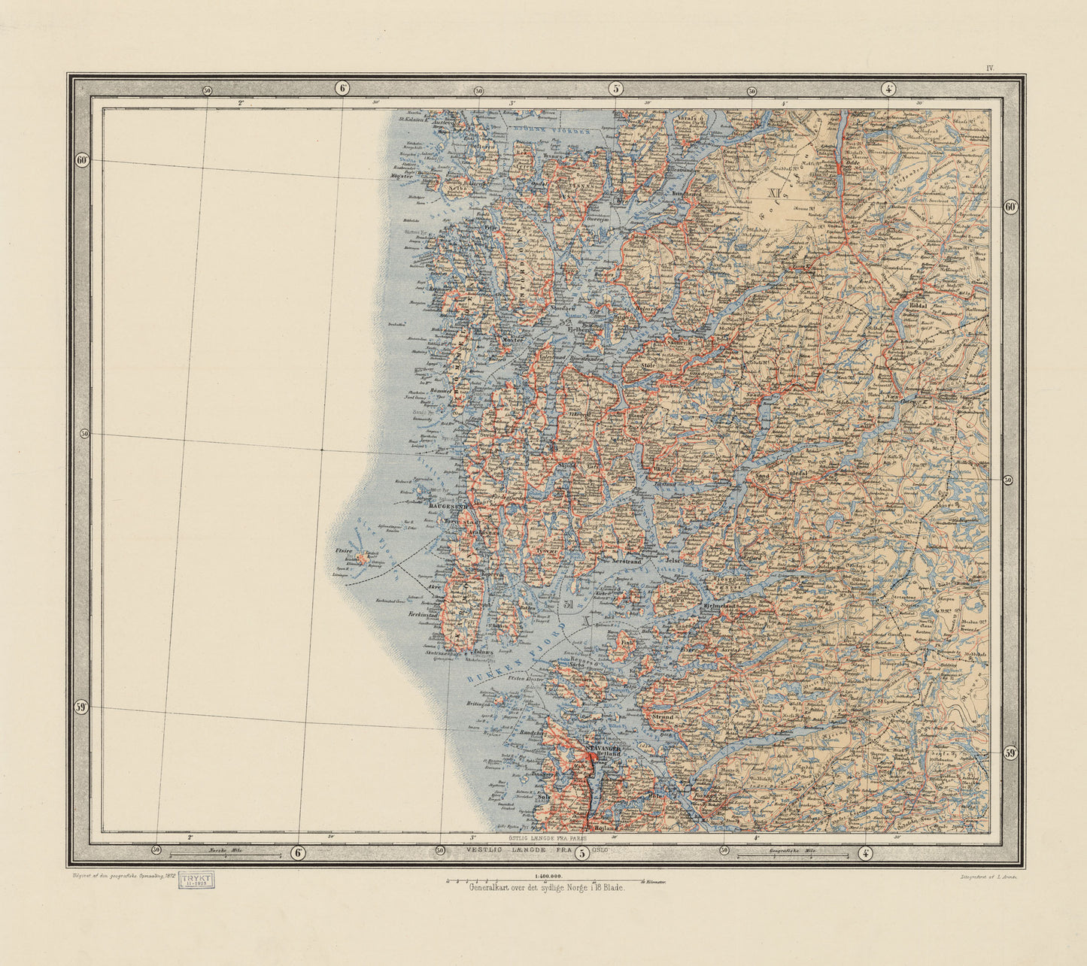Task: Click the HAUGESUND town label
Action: tap(448, 506)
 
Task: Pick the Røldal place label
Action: tap(918, 306)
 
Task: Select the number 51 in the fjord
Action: tap(569, 604)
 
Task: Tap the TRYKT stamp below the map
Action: tap(196, 880)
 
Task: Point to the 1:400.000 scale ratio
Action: tap(548, 877)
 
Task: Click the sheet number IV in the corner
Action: tap(990, 68)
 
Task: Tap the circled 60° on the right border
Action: tap(1010, 207)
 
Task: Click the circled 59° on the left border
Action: tap(82, 707)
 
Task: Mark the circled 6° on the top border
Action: tap(343, 88)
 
